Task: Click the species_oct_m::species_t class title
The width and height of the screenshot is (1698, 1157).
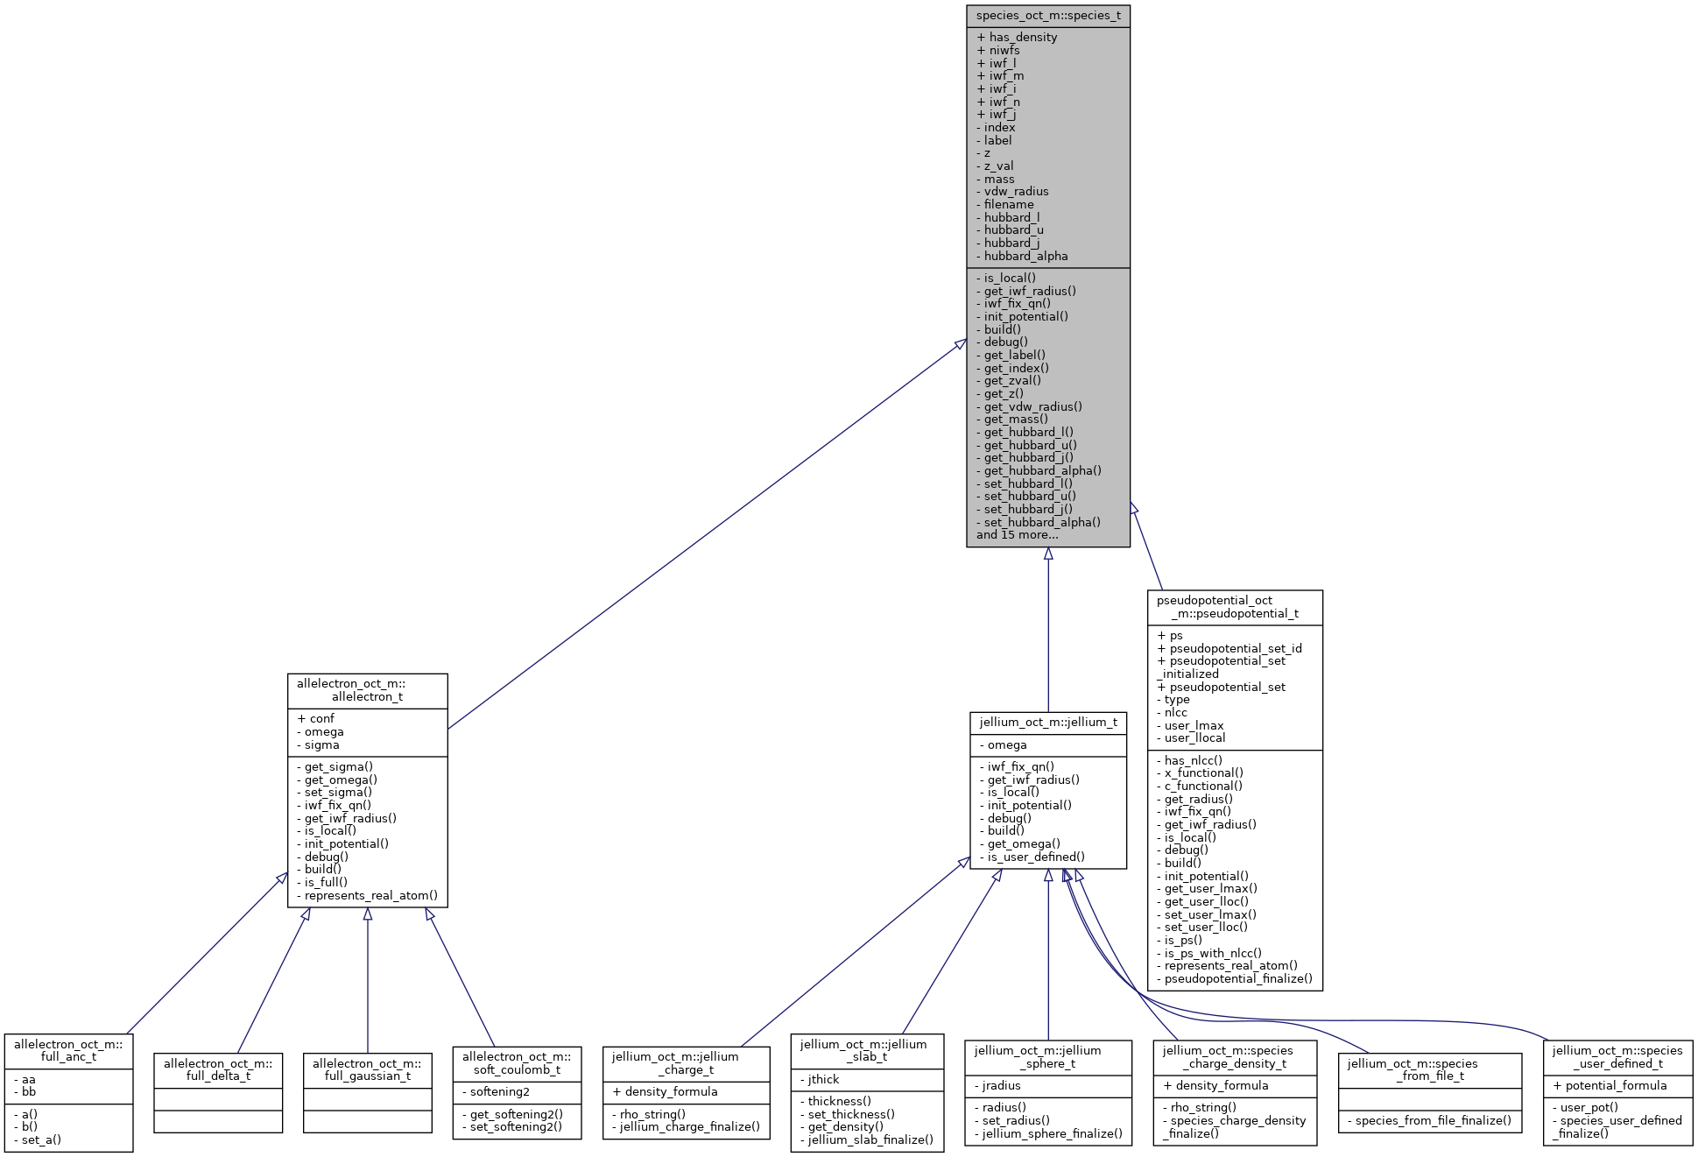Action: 1047,16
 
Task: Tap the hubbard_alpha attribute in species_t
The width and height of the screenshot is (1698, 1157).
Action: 1025,257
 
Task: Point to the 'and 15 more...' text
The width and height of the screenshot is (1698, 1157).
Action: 1017,535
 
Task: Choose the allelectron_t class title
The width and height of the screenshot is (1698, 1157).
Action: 367,690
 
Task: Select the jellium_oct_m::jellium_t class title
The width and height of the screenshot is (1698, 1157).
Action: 1047,723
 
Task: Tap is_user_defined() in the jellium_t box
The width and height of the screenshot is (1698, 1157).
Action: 1036,857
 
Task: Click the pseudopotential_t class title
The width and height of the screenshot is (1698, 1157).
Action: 1234,607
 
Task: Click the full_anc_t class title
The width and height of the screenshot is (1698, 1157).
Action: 68,1050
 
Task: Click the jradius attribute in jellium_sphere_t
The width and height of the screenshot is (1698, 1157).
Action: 1003,1086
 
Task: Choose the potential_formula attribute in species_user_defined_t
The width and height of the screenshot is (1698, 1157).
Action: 1616,1086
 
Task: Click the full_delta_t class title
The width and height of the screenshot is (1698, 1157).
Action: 218,1069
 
